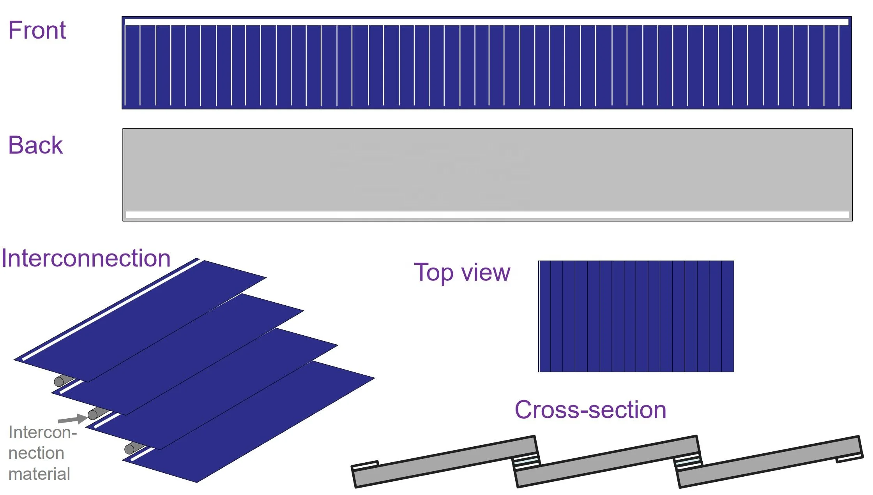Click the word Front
click(37, 30)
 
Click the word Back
click(35, 145)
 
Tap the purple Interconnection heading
click(86, 258)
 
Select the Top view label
click(462, 272)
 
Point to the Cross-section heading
click(590, 410)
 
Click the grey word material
click(39, 474)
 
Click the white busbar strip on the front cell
click(486, 22)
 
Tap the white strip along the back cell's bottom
click(487, 215)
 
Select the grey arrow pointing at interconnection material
click(72, 419)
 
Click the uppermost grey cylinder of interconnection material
click(62, 380)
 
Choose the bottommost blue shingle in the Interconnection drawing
click(249, 421)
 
